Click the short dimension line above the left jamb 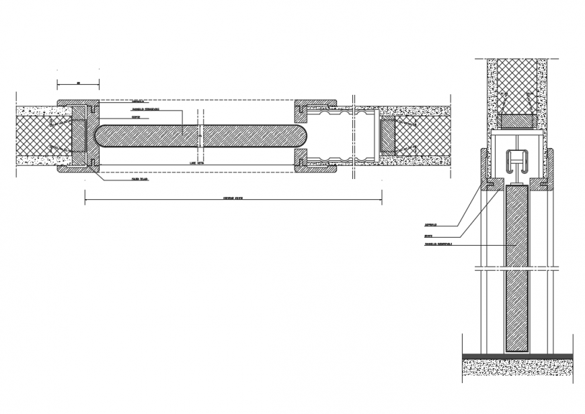[78, 84]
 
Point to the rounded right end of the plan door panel [303, 136]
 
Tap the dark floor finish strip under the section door [516, 355]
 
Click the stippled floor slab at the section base [516, 368]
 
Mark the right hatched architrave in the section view [551, 168]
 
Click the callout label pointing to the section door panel [438, 244]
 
